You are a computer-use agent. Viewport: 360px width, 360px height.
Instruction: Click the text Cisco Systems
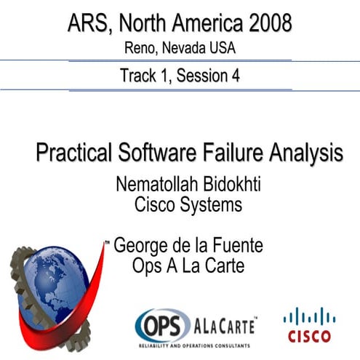(188, 205)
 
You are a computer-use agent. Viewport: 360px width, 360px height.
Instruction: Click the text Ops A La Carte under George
(188, 266)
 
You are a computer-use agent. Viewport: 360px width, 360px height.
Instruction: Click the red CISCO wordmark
(309, 336)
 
